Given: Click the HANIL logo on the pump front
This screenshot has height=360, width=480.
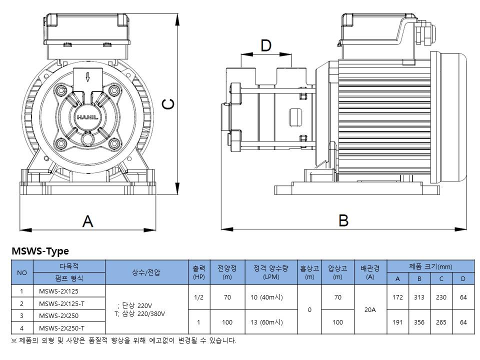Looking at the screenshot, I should click(87, 117).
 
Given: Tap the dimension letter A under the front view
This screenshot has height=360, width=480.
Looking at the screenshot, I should click(88, 221).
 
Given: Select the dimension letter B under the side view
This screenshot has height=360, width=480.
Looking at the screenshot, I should click(343, 220).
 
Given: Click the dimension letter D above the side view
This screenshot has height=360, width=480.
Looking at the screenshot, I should click(266, 46).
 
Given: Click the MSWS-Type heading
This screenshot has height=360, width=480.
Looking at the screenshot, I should click(40, 251).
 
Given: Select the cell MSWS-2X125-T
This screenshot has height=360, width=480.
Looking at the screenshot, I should click(61, 303).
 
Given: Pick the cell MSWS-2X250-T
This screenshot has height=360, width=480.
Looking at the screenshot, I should click(61, 328).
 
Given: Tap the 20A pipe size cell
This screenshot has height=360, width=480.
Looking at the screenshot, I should click(370, 310).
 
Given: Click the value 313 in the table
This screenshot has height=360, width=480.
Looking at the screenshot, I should click(419, 297).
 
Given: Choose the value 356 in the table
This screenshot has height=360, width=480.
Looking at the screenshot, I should click(419, 322).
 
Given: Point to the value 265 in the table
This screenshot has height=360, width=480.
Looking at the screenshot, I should click(441, 322).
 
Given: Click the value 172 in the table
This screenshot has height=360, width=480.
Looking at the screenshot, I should click(397, 297).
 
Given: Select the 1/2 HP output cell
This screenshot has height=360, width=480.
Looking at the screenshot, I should click(198, 297).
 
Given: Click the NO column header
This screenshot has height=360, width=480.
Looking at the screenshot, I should click(22, 272).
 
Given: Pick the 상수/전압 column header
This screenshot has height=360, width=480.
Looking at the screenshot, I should click(146, 272).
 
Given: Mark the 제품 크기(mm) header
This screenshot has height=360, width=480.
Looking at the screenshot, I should click(430, 266).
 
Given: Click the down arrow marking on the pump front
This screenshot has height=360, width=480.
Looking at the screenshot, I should click(88, 77).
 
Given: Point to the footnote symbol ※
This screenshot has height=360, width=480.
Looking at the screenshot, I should click(14, 341).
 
